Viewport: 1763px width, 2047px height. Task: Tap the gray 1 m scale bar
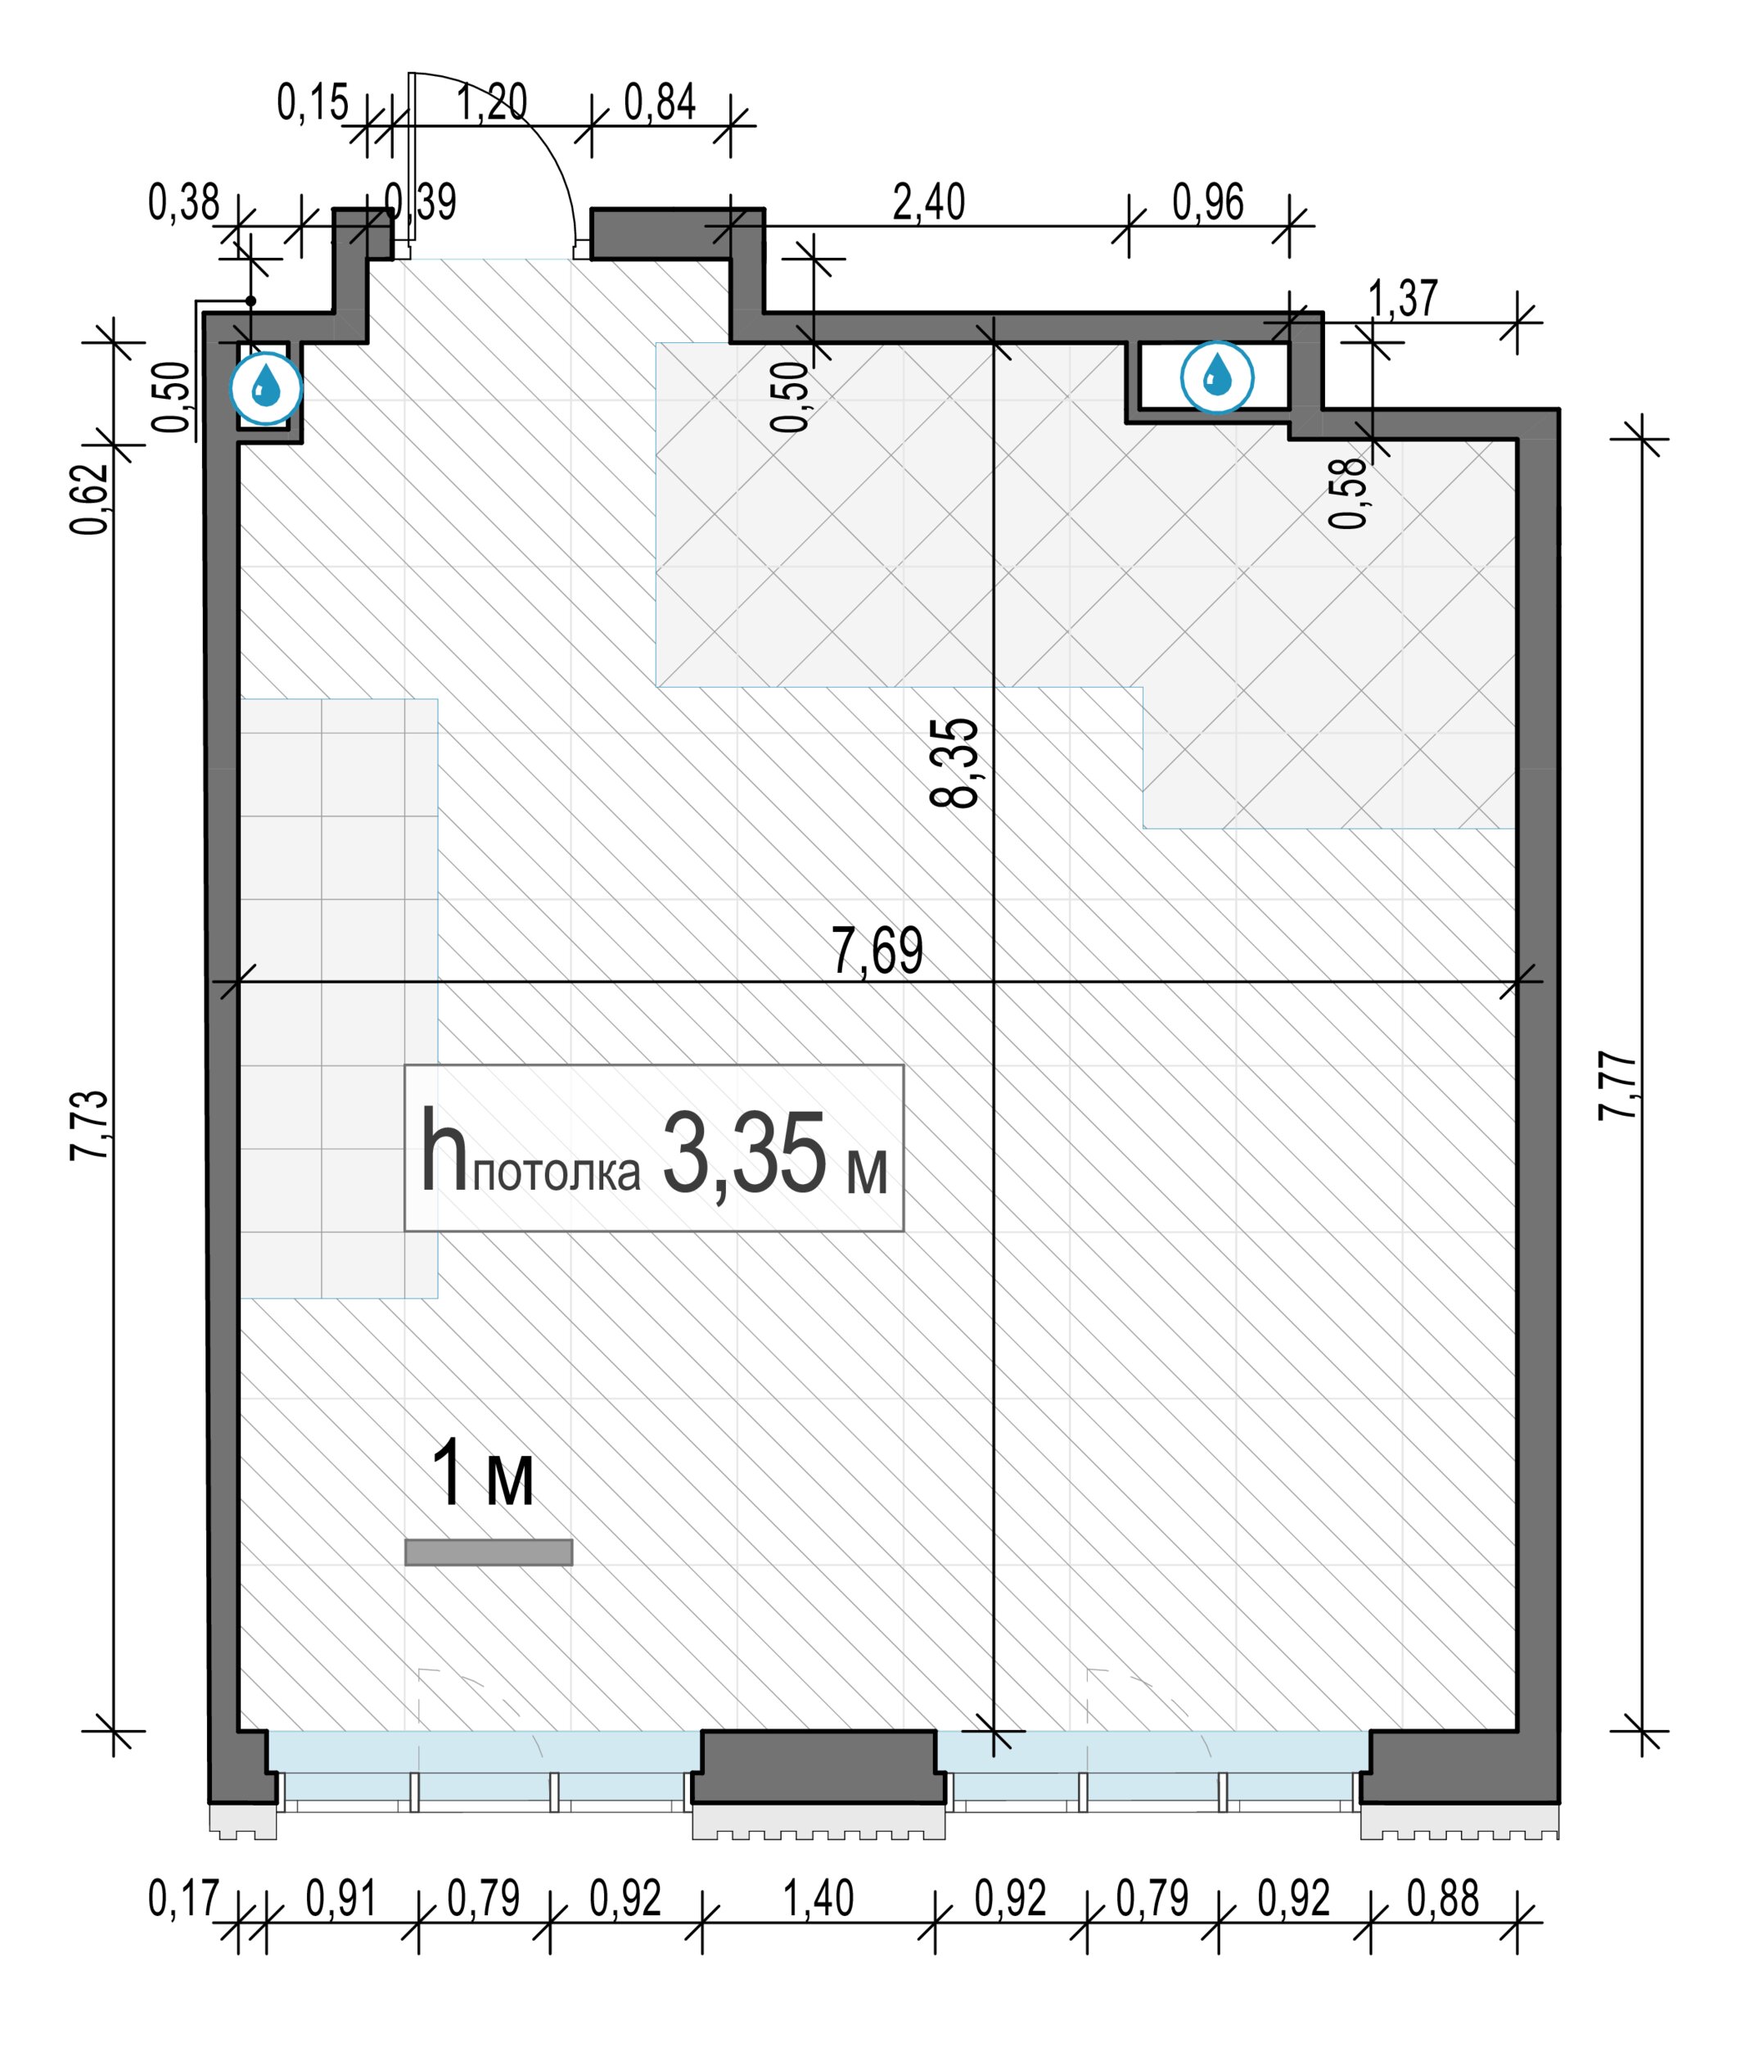pyautogui.click(x=488, y=1552)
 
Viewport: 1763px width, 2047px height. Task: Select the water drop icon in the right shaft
pyautogui.click(x=1218, y=377)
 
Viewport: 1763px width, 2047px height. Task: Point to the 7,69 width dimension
pyautogui.click(x=877, y=950)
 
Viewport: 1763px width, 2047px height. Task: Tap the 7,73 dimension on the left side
pyautogui.click(x=89, y=1124)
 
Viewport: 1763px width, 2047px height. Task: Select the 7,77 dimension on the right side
pyautogui.click(x=1618, y=1086)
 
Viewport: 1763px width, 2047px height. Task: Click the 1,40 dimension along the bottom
pyautogui.click(x=818, y=1898)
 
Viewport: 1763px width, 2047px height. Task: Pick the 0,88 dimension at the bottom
pyautogui.click(x=1443, y=1898)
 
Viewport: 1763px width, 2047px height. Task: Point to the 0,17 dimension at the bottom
pyautogui.click(x=183, y=1898)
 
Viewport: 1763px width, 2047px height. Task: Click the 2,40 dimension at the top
pyautogui.click(x=928, y=202)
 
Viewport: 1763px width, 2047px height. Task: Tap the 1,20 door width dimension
pyautogui.click(x=491, y=101)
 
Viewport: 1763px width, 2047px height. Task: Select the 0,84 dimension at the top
pyautogui.click(x=660, y=101)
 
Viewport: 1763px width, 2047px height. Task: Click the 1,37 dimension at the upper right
pyautogui.click(x=1404, y=297)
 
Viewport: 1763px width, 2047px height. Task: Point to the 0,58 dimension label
pyautogui.click(x=1348, y=493)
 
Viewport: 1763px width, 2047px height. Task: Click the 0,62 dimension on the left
pyautogui.click(x=89, y=498)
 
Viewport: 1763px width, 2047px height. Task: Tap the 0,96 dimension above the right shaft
pyautogui.click(x=1208, y=202)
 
